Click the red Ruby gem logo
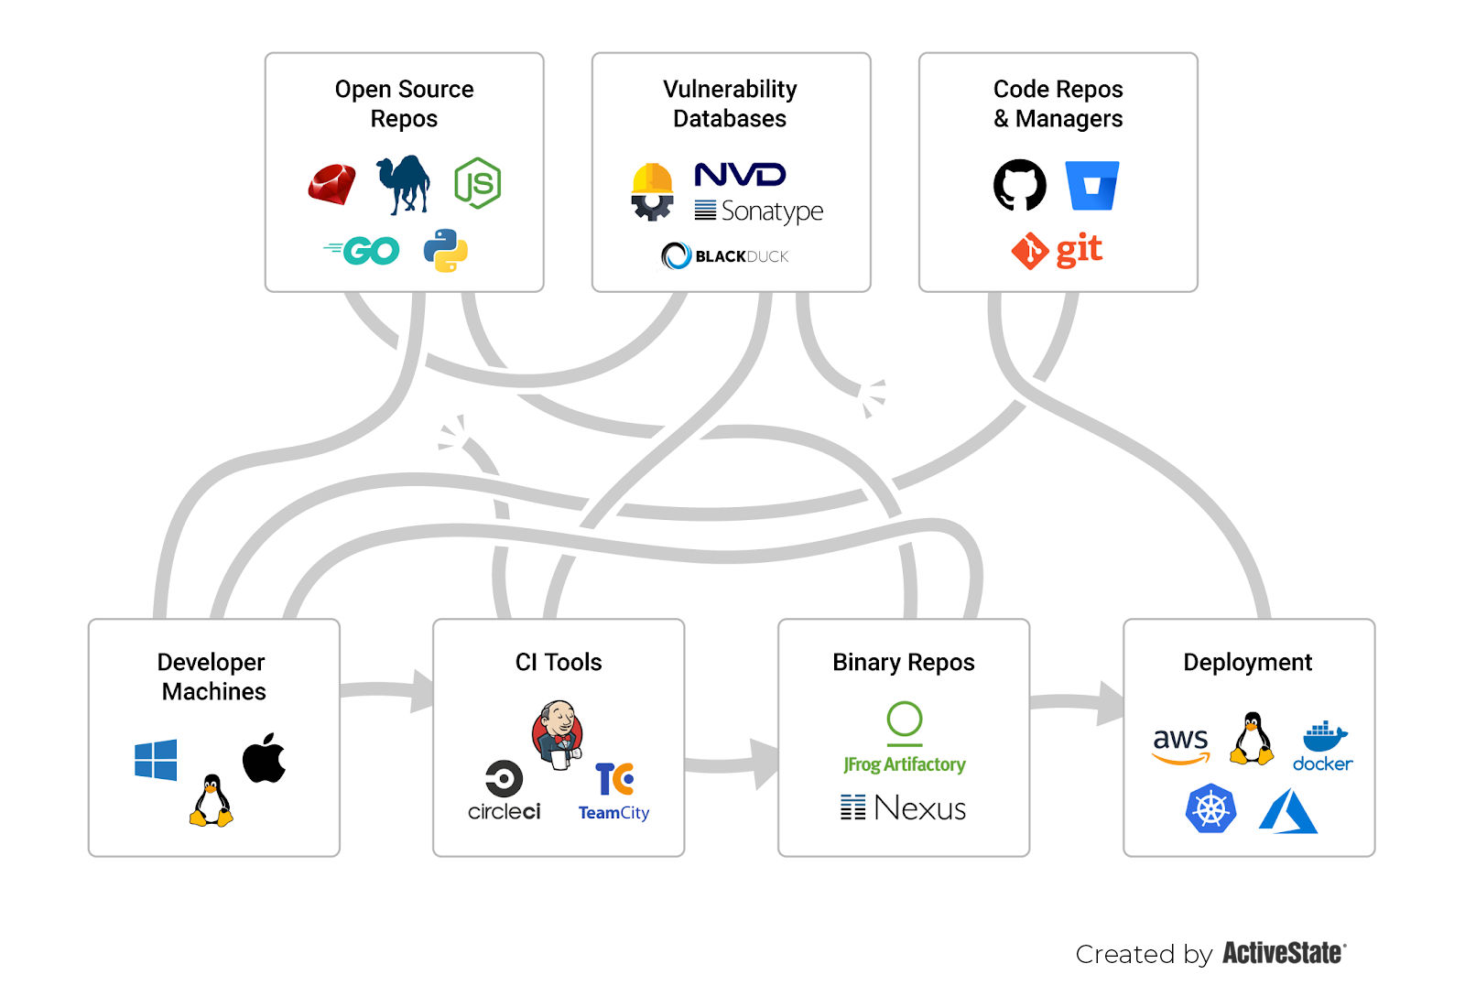tap(332, 184)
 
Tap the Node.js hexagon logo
tap(477, 183)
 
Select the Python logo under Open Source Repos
tap(446, 250)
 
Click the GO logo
tap(364, 250)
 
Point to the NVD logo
tap(740, 174)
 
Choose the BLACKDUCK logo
tap(725, 255)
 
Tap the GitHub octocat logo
tap(1020, 185)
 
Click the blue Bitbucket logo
tap(1092, 185)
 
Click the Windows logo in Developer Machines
tap(156, 760)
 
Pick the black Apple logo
tap(264, 758)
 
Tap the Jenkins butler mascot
tap(558, 733)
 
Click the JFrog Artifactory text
tap(905, 764)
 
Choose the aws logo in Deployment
tap(1181, 743)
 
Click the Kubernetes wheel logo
tap(1210, 808)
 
